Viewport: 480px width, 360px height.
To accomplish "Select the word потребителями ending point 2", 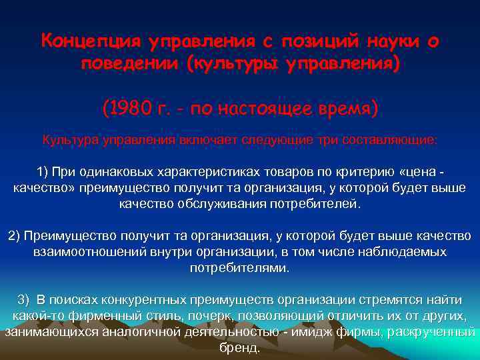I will click(x=239, y=268).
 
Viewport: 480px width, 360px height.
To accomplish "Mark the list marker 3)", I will click(x=24, y=300).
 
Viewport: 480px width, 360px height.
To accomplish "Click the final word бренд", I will click(x=239, y=348).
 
